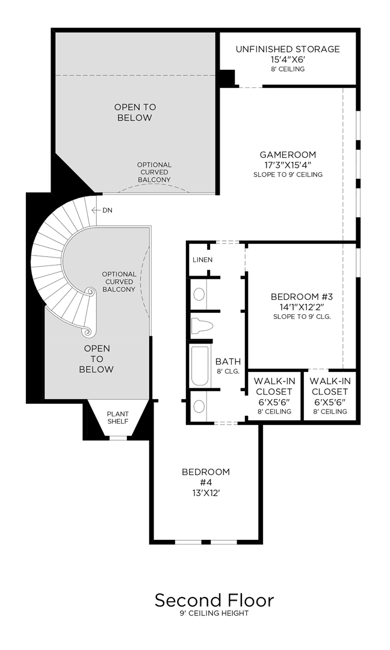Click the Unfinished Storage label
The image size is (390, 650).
click(287, 49)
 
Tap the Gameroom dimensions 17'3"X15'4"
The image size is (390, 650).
click(288, 165)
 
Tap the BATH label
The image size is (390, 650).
click(228, 361)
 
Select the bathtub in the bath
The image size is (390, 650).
click(199, 365)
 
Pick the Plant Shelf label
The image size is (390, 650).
click(118, 418)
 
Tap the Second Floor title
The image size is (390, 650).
click(214, 600)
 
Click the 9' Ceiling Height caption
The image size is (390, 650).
click(214, 613)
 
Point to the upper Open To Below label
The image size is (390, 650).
click(135, 113)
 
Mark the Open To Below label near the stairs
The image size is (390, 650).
click(96, 359)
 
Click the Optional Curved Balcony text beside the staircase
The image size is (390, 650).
click(119, 282)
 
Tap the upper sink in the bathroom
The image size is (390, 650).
click(199, 294)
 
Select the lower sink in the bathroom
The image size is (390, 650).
click(199, 406)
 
